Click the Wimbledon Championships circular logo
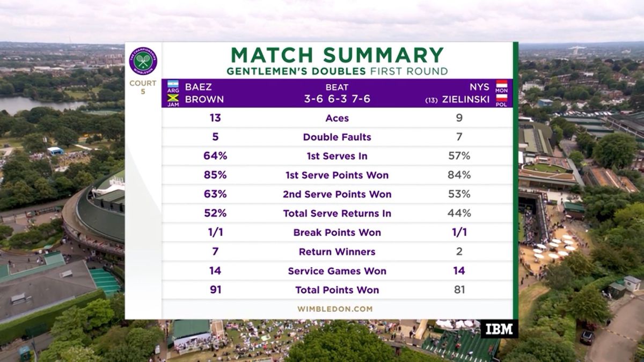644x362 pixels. (143, 61)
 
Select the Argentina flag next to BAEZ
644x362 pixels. (172, 86)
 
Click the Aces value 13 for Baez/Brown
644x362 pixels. (215, 118)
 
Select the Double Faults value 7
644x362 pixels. (459, 137)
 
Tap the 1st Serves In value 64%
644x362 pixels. (215, 156)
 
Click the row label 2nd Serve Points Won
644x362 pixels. (337, 194)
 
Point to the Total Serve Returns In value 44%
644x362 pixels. (459, 213)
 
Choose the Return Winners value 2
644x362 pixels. (459, 252)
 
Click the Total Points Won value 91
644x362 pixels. (215, 290)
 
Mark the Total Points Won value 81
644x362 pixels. (459, 290)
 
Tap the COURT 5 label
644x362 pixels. (143, 87)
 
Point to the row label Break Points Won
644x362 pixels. (337, 233)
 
